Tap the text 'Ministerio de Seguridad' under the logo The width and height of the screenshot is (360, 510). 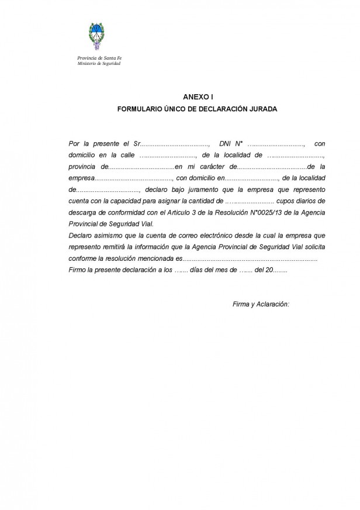pos(99,63)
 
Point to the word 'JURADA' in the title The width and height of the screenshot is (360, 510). pos(247,109)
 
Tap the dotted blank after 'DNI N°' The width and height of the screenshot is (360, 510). pos(277,143)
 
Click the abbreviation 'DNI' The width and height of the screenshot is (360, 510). pos(225,143)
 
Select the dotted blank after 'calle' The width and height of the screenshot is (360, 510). pos(168,155)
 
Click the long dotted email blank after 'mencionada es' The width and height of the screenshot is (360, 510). pos(251,259)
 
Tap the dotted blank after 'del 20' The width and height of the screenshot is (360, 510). pos(281,270)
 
